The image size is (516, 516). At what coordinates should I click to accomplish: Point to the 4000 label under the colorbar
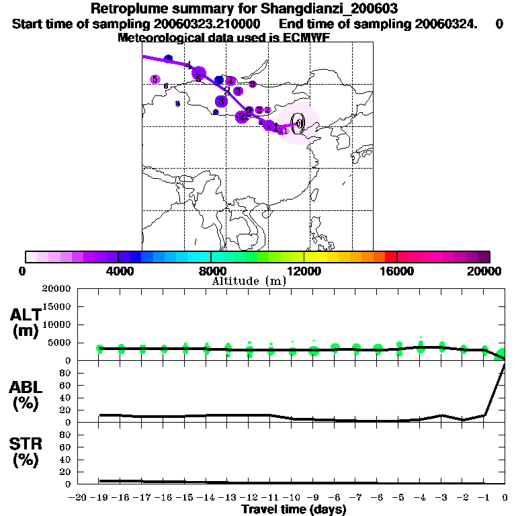[118, 271]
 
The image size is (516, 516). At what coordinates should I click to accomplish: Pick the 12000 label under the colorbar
[304, 271]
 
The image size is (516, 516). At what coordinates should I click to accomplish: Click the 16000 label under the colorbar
[396, 271]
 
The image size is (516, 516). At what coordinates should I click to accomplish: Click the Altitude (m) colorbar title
[249, 281]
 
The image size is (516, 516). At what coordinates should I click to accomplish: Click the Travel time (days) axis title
[294, 510]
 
